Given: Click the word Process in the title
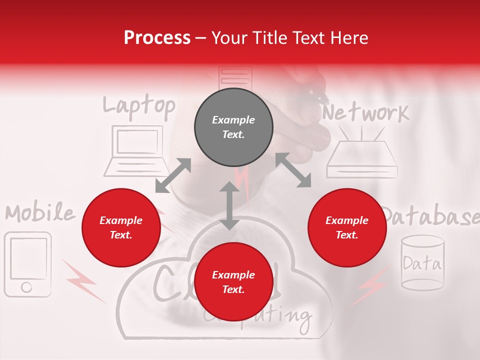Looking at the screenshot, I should pyautogui.click(x=157, y=38).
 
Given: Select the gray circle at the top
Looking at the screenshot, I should pyautogui.click(x=233, y=127).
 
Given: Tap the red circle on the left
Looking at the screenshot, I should pyautogui.click(x=121, y=227).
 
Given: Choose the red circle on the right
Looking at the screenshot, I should pyautogui.click(x=347, y=227).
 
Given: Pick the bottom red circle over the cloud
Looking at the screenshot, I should pyautogui.click(x=233, y=282).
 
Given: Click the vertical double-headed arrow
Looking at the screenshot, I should pyautogui.click(x=229, y=205).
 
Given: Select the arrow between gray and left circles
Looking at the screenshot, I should pyautogui.click(x=173, y=175).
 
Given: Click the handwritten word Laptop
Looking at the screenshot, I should pyautogui.click(x=139, y=106).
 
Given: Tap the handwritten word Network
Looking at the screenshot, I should pyautogui.click(x=365, y=113).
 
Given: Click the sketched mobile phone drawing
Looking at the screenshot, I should pyautogui.click(x=28, y=264).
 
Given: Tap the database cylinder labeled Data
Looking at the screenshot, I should pyautogui.click(x=422, y=262).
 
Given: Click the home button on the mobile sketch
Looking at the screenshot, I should pyautogui.click(x=26, y=287).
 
